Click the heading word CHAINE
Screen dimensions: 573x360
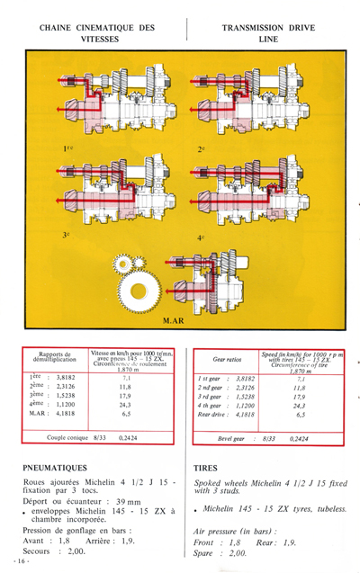coord(61,28)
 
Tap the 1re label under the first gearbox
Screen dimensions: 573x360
coord(68,147)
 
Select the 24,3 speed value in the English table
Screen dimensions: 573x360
coord(298,406)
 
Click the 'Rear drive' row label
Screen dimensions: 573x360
coord(213,415)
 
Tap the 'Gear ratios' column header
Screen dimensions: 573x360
coord(220,356)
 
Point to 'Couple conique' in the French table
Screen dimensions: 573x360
coord(68,438)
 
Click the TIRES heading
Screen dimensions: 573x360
coord(206,469)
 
